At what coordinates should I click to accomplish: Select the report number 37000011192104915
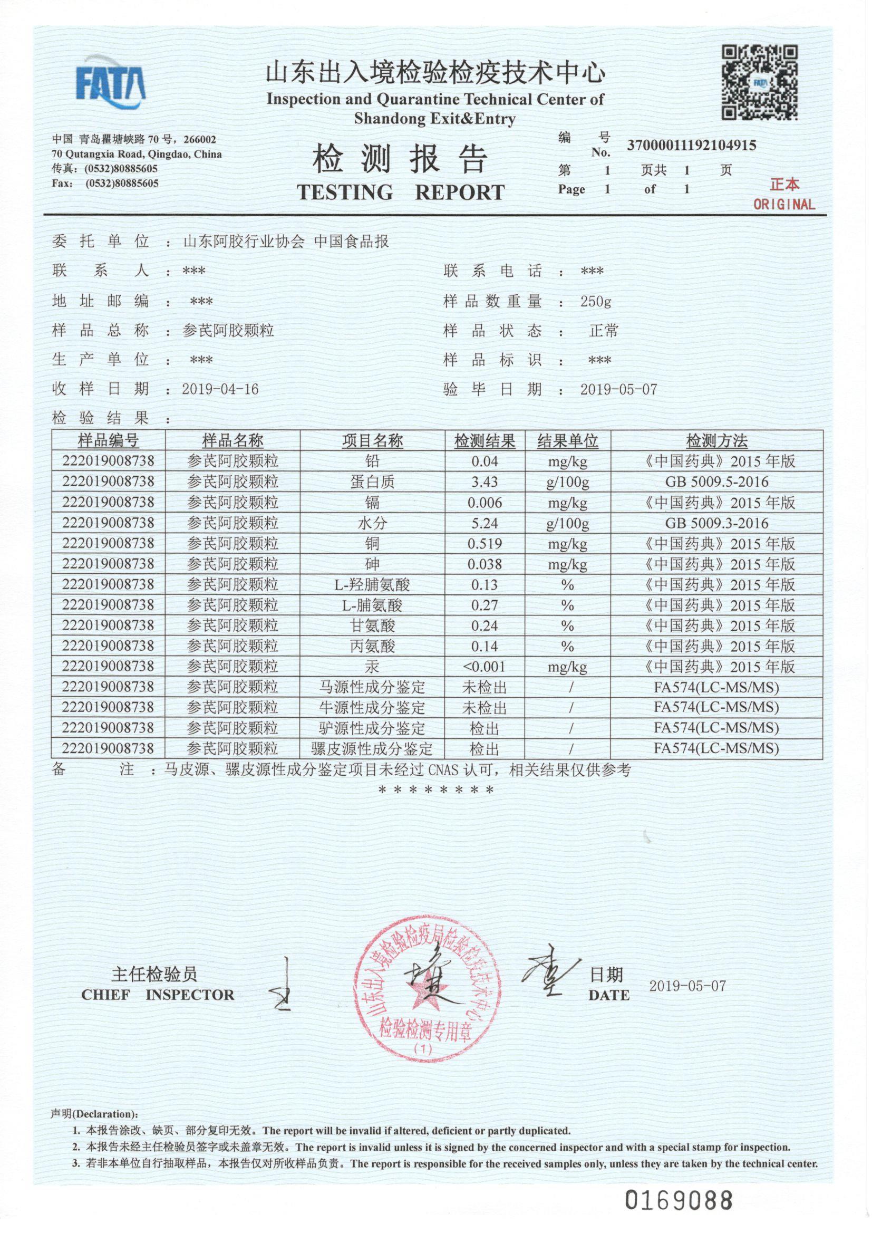[x=691, y=145]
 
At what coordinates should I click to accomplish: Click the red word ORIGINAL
[x=783, y=204]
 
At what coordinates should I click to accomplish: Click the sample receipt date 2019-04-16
[x=220, y=389]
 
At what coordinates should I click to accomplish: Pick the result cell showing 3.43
[x=485, y=481]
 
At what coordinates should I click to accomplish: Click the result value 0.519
[x=485, y=544]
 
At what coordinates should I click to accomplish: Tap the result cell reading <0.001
[x=485, y=667]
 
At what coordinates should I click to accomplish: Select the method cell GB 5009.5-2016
[x=716, y=481]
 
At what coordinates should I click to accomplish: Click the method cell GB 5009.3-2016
[x=716, y=523]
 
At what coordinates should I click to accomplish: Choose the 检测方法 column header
[x=716, y=441]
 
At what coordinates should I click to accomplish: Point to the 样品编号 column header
[x=109, y=441]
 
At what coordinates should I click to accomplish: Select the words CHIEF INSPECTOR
[x=158, y=995]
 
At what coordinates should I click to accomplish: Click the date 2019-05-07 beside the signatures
[x=687, y=986]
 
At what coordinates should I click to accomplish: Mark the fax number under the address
[x=122, y=183]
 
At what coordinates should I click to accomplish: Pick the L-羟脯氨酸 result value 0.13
[x=485, y=585]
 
